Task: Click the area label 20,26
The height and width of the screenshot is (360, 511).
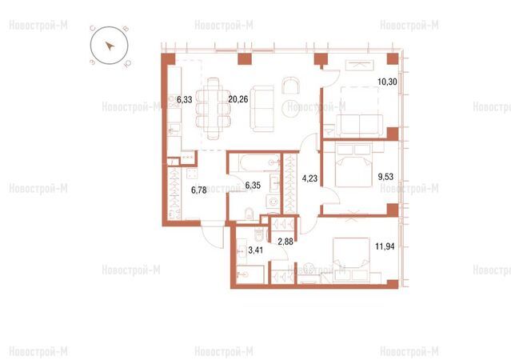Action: pos(238,99)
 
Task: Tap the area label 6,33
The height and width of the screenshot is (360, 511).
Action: pos(185,99)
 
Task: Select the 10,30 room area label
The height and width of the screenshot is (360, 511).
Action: pos(388,82)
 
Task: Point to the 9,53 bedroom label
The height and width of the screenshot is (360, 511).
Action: pos(385,177)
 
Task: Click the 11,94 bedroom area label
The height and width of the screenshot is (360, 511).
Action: pos(385,246)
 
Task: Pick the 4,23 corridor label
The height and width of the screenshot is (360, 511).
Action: pos(309,178)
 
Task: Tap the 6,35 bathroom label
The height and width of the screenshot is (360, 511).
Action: pos(253,186)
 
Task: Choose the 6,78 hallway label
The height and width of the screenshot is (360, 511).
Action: pos(199,190)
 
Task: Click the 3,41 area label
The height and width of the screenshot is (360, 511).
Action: pos(256,250)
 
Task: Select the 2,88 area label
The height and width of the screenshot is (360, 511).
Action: pos(285,242)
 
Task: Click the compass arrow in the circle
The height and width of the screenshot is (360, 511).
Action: pos(110,46)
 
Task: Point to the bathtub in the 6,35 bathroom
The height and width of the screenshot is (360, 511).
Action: pos(259,162)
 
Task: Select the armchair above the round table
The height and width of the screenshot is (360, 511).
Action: pos(291,86)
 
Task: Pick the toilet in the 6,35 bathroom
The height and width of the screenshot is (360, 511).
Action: pos(249,214)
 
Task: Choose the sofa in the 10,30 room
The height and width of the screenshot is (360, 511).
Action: pos(360,126)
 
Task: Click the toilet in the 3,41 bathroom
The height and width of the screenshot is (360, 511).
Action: pos(259,234)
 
